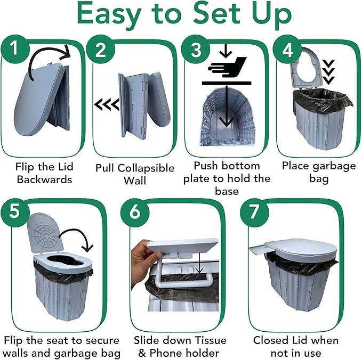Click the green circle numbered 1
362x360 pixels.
(x=15, y=50)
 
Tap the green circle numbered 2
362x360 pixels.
(x=100, y=50)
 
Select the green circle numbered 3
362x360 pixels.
(x=196, y=50)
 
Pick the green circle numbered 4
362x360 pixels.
(x=287, y=50)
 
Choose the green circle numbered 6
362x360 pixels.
(x=135, y=212)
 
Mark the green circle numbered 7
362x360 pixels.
(x=254, y=212)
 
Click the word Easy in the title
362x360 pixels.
(x=109, y=15)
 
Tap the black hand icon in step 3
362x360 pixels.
(x=227, y=67)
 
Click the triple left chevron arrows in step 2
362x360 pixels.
(x=107, y=104)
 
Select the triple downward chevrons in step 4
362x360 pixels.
(x=328, y=72)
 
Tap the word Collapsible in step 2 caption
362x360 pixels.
(x=146, y=168)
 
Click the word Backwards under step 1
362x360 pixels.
(x=44, y=179)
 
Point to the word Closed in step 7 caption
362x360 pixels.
(x=269, y=340)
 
